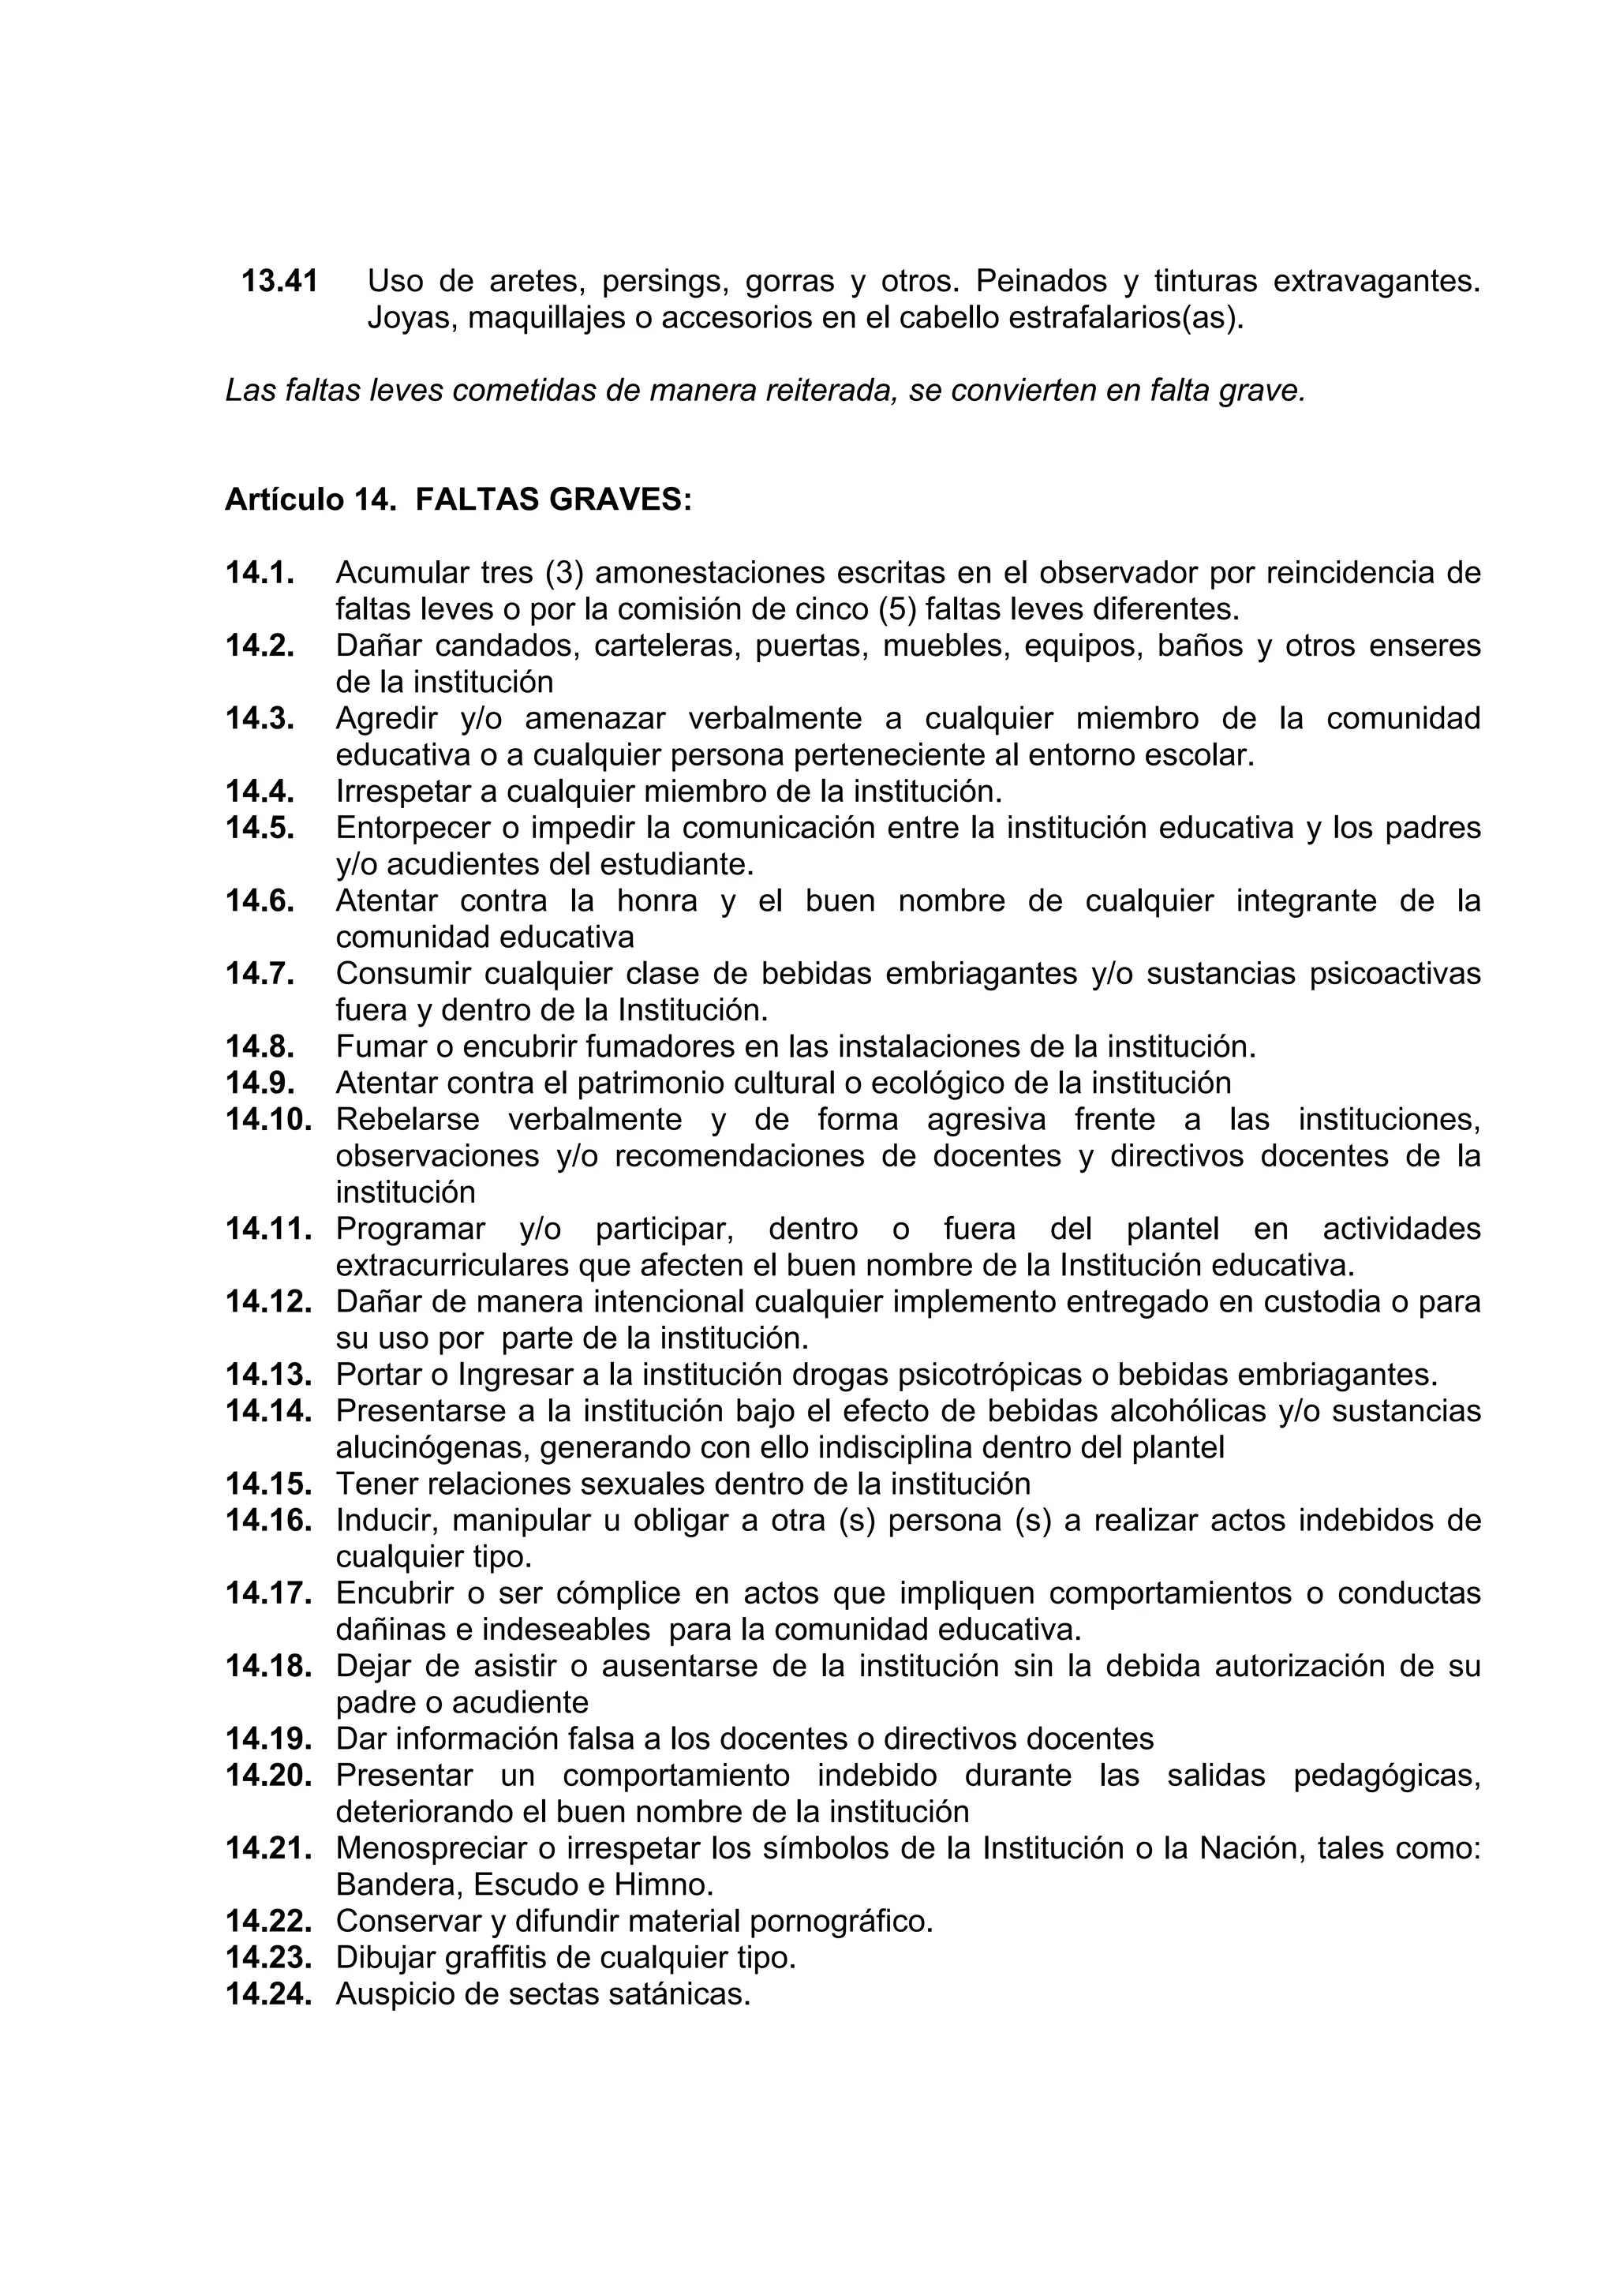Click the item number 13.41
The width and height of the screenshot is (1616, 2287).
pos(280,282)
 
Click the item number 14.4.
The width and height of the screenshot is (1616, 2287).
pos(260,791)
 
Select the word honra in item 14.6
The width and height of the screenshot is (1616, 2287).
pos(657,900)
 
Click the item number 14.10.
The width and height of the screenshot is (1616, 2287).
pos(269,1120)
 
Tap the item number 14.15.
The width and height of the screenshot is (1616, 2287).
pos(269,1484)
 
